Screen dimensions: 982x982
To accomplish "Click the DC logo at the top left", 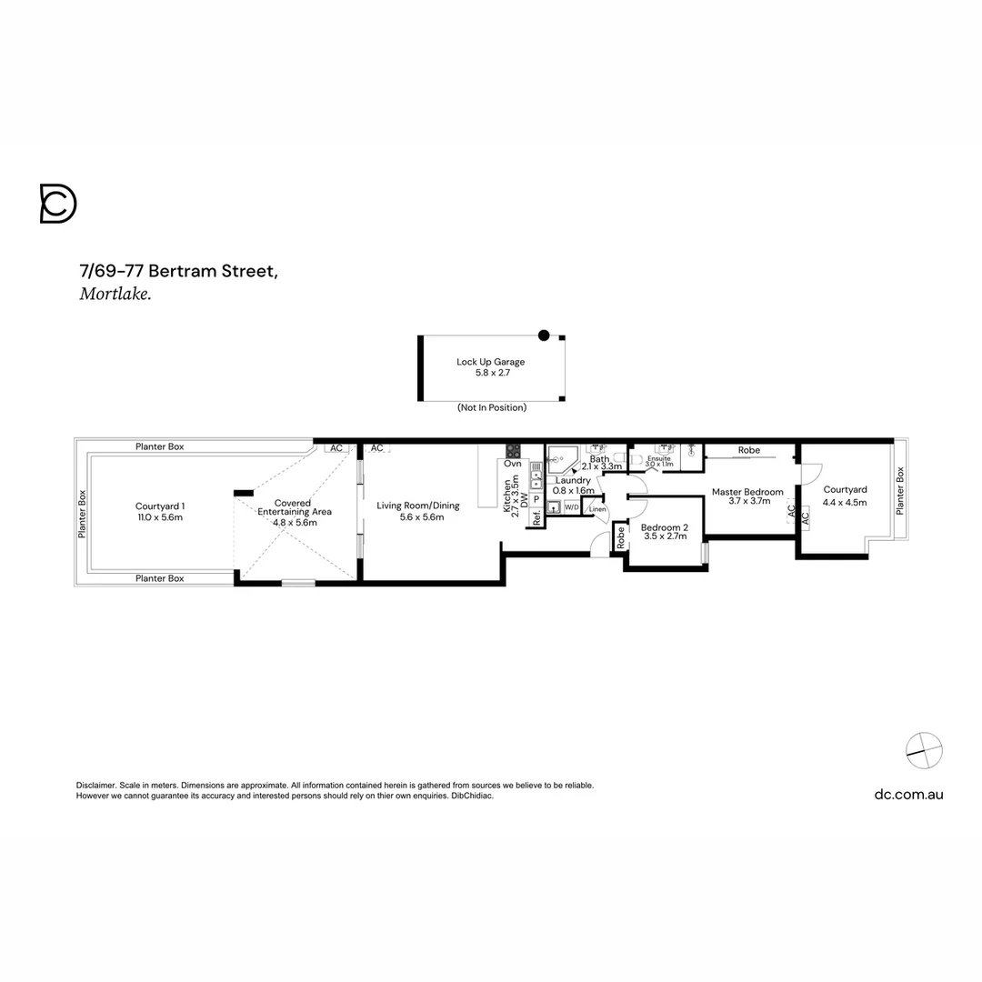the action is [x=58, y=204].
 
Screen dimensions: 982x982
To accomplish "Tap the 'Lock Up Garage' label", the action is [x=490, y=362].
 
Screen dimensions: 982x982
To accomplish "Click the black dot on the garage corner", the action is [x=544, y=336].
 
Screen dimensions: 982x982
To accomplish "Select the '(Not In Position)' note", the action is [x=491, y=408].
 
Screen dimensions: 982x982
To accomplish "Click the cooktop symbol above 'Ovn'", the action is [x=513, y=451].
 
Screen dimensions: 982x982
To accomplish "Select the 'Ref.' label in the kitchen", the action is [x=536, y=519].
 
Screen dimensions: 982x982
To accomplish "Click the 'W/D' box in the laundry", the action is [x=571, y=507].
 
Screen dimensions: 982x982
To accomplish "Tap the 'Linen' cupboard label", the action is [x=596, y=509].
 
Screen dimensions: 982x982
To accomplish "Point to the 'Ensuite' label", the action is [x=659, y=459].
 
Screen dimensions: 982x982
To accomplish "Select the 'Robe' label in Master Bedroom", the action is [x=749, y=450].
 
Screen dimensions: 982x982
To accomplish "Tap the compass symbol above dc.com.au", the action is [x=924, y=750].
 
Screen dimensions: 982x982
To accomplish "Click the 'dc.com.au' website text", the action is [x=908, y=794].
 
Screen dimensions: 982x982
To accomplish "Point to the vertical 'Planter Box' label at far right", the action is [x=901, y=491].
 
